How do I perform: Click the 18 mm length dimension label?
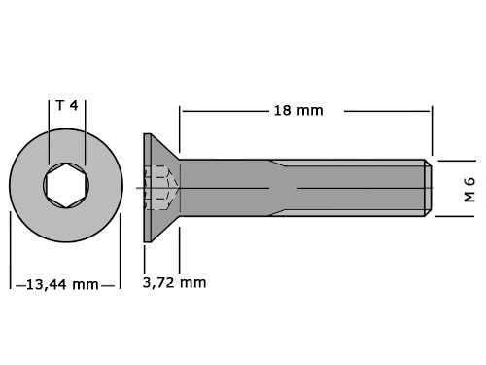point(298,111)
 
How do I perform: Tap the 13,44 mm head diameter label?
point(62,284)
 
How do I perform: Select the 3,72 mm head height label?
point(174,282)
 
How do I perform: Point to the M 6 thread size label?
point(469,190)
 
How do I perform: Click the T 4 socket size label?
point(67,105)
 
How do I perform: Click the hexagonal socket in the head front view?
point(66,185)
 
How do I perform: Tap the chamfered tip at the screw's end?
point(428,188)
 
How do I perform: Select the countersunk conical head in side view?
point(161,188)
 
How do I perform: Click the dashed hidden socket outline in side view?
point(161,188)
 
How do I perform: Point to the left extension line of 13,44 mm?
point(10,250)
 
